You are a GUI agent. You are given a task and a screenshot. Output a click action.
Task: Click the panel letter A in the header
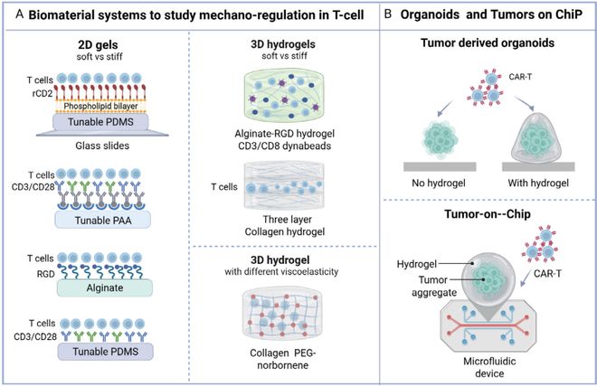(x=14, y=14)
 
